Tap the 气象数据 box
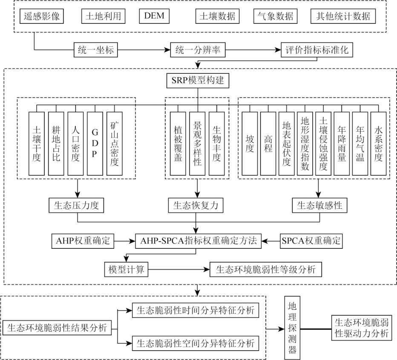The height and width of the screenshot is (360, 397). click(x=275, y=16)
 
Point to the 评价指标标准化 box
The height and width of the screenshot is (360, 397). click(x=316, y=50)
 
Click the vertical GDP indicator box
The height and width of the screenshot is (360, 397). click(x=95, y=144)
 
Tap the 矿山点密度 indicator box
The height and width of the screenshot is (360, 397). click(x=115, y=144)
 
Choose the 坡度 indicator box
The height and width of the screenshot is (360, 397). click(x=250, y=144)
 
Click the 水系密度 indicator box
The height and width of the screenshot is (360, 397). click(x=378, y=144)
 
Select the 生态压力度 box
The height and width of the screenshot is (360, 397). click(x=77, y=205)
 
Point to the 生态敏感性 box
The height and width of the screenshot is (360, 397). click(x=319, y=205)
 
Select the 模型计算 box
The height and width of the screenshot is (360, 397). click(x=126, y=270)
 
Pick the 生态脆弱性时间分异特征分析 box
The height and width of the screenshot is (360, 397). click(x=196, y=310)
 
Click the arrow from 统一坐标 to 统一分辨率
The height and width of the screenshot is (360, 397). click(x=143, y=50)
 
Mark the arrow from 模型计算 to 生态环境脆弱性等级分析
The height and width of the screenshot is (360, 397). click(x=179, y=270)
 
